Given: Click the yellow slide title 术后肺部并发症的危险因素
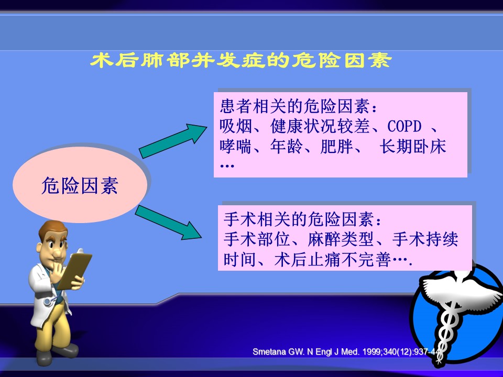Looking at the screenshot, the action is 240,60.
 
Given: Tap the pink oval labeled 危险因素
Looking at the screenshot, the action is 80,184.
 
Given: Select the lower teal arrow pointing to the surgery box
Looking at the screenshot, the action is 169,222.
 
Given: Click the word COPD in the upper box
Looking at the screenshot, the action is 404,126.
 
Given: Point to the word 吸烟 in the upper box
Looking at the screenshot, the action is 236,126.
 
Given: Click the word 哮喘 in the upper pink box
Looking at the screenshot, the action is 236,147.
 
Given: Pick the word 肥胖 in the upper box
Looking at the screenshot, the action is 336,147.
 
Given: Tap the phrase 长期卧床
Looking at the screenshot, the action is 413,147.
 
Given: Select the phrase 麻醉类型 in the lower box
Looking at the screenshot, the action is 341,239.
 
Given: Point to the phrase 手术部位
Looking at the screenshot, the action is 257,239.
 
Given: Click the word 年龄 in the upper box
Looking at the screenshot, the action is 286,147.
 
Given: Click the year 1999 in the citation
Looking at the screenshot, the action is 371,352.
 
